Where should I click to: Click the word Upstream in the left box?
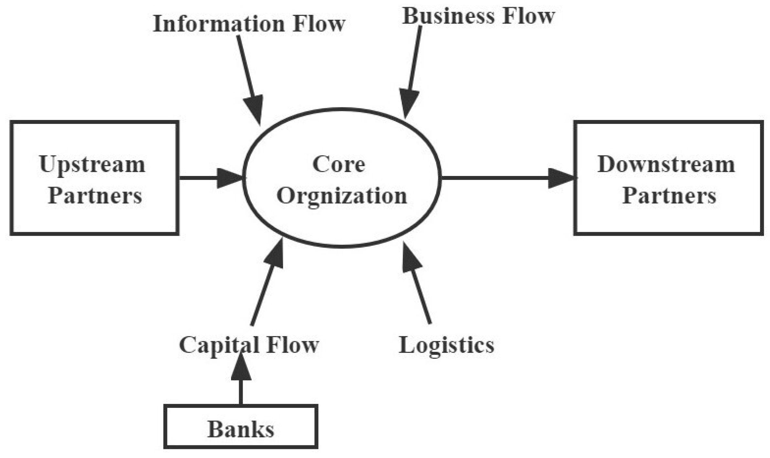pos(92,165)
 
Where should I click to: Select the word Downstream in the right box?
pos(666,164)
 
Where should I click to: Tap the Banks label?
pos(241,429)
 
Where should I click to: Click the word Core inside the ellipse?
pos(339,164)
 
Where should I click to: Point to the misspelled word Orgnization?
pos(342,196)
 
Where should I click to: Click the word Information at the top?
pos(219,24)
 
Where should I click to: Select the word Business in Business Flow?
pos(448,16)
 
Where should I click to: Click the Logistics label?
pos(446,345)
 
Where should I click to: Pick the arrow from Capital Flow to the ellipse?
pos(267,285)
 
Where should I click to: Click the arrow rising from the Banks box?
pos(241,382)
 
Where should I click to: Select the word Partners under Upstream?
pos(95,196)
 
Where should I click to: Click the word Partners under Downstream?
pos(669,196)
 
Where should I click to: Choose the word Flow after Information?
pos(319,24)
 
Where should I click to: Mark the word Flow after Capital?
pos(293,345)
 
